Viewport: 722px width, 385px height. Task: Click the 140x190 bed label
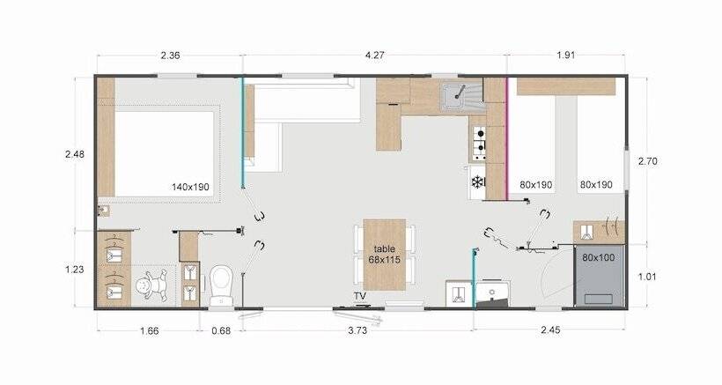(190, 187)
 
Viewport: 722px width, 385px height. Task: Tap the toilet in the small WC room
(222, 285)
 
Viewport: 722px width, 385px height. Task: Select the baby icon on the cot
(152, 285)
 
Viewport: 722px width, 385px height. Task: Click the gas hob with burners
(479, 144)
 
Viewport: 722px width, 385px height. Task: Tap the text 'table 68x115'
(385, 255)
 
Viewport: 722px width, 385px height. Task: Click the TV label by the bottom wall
(360, 296)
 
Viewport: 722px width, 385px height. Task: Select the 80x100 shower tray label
(598, 257)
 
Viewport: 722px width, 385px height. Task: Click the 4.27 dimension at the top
(374, 56)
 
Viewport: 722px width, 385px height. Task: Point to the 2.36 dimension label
(170, 56)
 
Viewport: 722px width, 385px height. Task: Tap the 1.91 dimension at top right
(565, 56)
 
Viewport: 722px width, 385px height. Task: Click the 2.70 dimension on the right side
(647, 161)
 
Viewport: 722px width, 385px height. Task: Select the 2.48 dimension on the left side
(75, 154)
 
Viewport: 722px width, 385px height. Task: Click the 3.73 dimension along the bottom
(357, 330)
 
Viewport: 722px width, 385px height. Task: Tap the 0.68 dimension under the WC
(221, 330)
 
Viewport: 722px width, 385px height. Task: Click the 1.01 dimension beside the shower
(647, 277)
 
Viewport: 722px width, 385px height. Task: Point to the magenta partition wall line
(507, 138)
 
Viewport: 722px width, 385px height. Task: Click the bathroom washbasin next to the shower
(493, 293)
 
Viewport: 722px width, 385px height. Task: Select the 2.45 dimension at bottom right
(550, 330)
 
